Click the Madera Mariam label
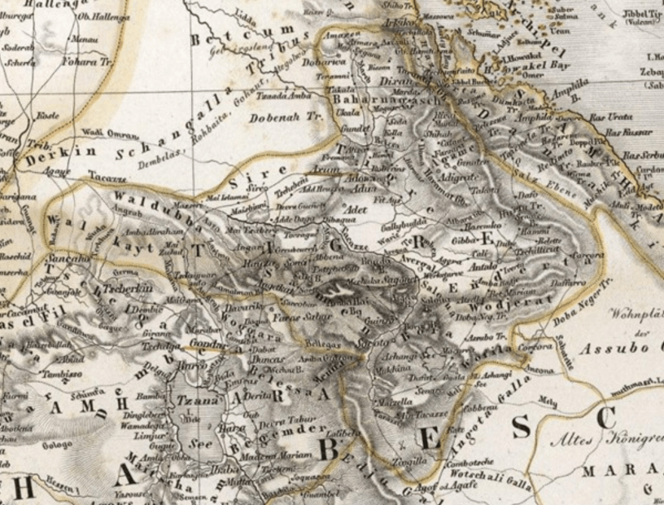point(282,455)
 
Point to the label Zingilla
point(407,462)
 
